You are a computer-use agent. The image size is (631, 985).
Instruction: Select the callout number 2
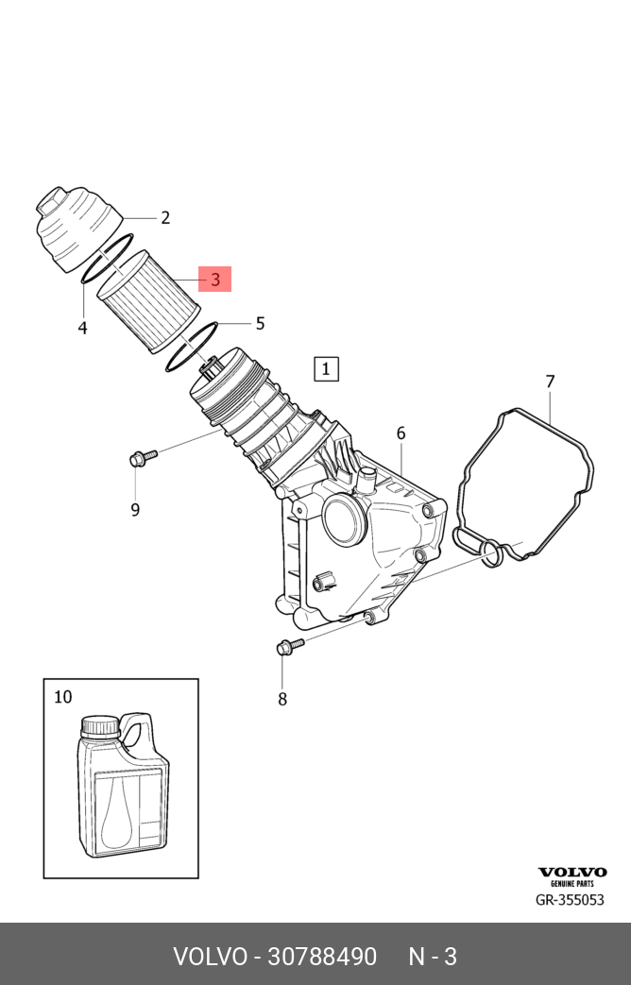click(x=165, y=218)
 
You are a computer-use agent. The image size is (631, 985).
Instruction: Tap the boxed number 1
click(x=325, y=368)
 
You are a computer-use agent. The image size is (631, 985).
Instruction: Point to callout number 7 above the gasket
click(x=550, y=382)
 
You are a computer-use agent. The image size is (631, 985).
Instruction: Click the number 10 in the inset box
click(x=62, y=698)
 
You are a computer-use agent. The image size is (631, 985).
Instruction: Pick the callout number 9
click(x=135, y=510)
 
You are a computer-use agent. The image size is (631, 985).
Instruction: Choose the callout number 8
click(x=281, y=700)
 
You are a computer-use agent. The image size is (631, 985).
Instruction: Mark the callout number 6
click(x=401, y=433)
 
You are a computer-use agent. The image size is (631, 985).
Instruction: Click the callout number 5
click(x=259, y=324)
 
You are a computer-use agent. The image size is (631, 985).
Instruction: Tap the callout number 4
click(x=83, y=329)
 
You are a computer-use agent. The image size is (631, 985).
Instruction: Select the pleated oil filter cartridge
click(x=149, y=301)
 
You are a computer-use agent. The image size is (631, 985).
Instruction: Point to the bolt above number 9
click(x=142, y=459)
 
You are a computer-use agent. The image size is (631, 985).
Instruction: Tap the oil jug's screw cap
click(x=99, y=726)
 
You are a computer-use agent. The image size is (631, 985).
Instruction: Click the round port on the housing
click(x=344, y=517)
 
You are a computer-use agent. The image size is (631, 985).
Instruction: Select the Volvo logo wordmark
click(x=572, y=873)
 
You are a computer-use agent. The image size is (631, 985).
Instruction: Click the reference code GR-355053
click(x=570, y=900)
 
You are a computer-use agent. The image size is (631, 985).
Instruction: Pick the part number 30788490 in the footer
click(x=322, y=957)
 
